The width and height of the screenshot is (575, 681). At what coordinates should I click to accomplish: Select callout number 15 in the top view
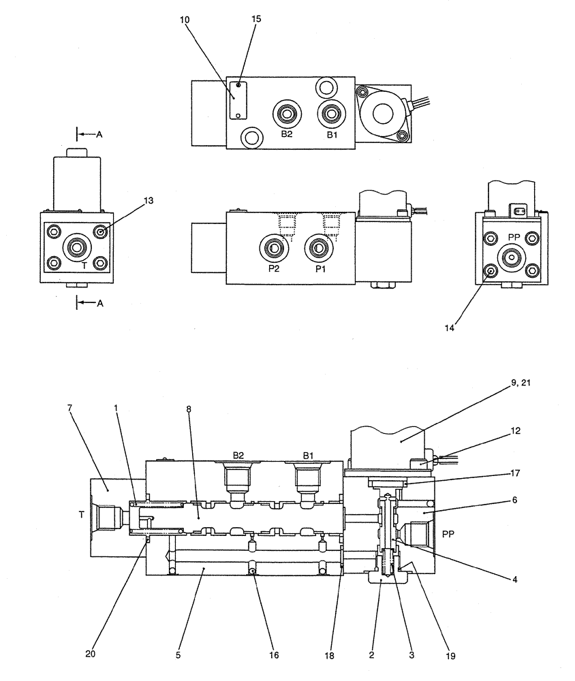click(x=256, y=19)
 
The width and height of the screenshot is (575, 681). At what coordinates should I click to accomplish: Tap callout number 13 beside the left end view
click(x=149, y=200)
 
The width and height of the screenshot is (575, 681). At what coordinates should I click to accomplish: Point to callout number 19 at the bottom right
click(x=451, y=656)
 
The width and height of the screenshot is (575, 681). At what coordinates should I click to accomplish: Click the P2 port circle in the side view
click(x=273, y=249)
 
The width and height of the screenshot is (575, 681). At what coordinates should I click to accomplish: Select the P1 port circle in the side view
click(x=317, y=249)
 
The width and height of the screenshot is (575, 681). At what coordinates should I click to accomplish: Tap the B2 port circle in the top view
click(x=286, y=114)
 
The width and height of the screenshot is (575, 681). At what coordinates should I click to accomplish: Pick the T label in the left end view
click(x=84, y=266)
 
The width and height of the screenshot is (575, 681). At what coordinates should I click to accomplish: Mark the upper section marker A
click(x=99, y=135)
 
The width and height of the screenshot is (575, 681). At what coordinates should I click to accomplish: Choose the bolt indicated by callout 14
click(x=490, y=274)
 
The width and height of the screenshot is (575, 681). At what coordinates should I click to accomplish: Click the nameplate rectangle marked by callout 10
click(x=236, y=99)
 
